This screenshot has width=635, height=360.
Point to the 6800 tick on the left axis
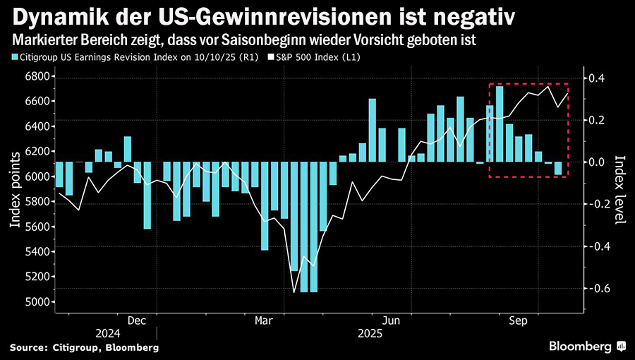coord(33,76)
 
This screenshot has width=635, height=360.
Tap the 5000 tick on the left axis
coord(33,302)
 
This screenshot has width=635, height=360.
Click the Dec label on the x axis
coord(138,320)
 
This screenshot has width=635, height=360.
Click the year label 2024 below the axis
coord(107,332)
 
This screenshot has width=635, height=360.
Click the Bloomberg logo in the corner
coord(585,346)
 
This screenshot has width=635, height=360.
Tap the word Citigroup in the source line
coord(80,347)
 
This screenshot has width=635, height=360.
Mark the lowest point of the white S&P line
coord(294,292)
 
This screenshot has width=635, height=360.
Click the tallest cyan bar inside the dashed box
coord(500,124)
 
